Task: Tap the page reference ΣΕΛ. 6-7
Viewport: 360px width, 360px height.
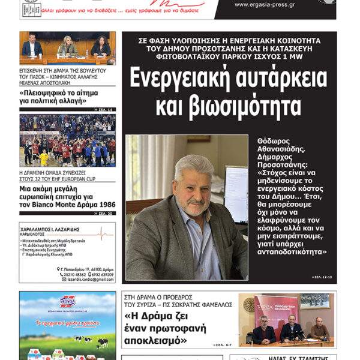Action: point(223,345)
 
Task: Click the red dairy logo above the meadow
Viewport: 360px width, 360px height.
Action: point(67,301)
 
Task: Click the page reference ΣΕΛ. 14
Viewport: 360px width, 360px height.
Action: point(105,110)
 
